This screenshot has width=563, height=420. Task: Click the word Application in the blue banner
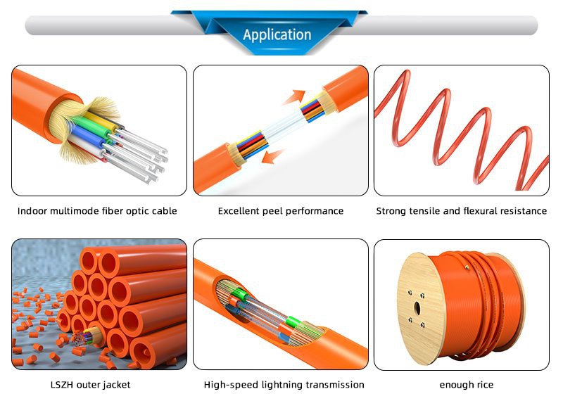point(277,34)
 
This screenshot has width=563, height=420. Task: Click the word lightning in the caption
point(282,385)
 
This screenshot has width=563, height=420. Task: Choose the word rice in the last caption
point(485,385)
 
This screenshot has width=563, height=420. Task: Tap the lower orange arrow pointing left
point(273,156)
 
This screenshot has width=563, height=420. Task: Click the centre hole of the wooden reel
point(417,308)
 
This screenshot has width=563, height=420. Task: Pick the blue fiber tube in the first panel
point(87,138)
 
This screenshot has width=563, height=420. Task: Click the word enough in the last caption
point(456,386)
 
